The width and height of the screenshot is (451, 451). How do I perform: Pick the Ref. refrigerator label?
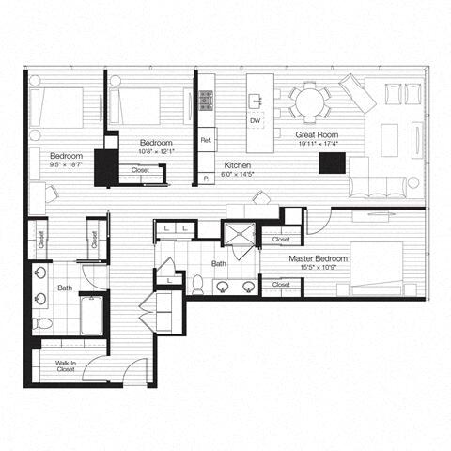pyautogui.click(x=207, y=141)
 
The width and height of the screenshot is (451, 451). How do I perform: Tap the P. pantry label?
pyautogui.click(x=206, y=177)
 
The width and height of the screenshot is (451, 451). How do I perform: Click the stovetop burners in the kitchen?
pyautogui.click(x=207, y=101)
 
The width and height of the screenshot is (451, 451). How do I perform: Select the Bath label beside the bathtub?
pyautogui.click(x=65, y=289)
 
